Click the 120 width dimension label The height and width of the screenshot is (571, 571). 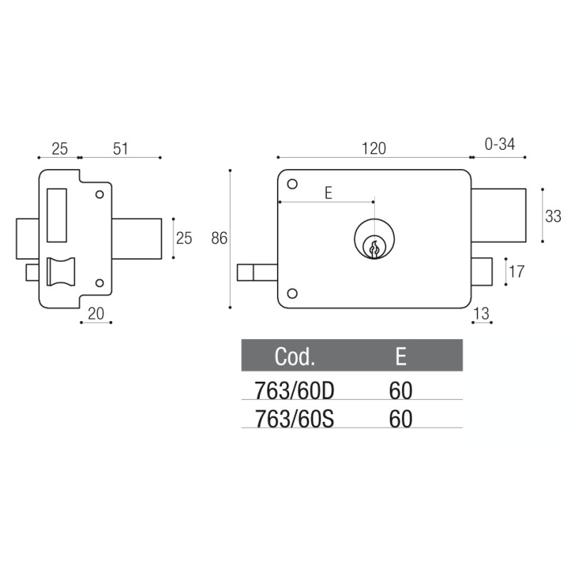(x=373, y=148)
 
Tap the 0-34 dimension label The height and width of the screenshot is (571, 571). (x=499, y=145)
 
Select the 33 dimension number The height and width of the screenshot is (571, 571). (x=553, y=216)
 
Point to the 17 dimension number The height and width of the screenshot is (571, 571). (x=517, y=272)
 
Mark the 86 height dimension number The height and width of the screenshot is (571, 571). (x=219, y=238)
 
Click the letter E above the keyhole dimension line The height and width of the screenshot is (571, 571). (x=328, y=193)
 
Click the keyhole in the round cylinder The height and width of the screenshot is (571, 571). (x=373, y=247)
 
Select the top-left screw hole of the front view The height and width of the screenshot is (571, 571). (x=292, y=185)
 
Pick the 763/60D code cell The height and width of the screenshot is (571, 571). (x=295, y=390)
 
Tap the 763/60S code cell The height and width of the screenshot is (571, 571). (x=295, y=418)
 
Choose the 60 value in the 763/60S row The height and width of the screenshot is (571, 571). (x=401, y=418)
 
